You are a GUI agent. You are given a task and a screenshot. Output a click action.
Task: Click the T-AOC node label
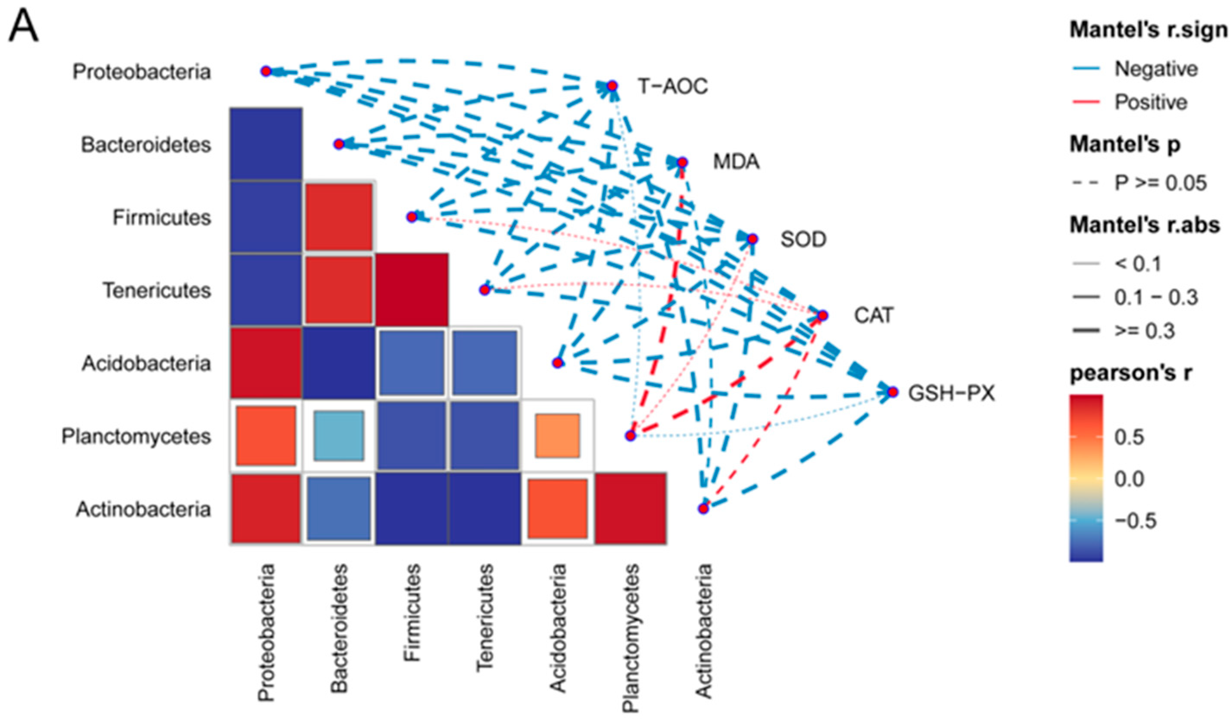[x=673, y=87]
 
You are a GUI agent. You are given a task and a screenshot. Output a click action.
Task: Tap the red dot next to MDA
[x=682, y=162]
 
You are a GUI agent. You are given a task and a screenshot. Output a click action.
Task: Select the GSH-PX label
[x=951, y=393]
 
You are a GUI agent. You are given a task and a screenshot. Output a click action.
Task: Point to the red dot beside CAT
[x=823, y=316]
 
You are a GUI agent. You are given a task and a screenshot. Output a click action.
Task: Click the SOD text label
[x=803, y=239]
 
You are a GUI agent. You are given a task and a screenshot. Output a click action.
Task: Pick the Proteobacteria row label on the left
[x=142, y=72]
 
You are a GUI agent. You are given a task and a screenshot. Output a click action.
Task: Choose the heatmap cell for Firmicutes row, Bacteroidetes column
[x=339, y=217]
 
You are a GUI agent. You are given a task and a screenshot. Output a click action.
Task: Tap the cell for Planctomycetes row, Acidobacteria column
[x=557, y=436]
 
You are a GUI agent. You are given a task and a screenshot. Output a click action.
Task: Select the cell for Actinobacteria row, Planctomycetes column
[x=631, y=508]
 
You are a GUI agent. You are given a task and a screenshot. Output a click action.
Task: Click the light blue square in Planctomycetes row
[x=339, y=436]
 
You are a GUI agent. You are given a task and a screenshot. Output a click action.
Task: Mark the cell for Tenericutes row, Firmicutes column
[x=412, y=290]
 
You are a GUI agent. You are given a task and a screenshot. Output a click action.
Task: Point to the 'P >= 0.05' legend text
[x=1161, y=183]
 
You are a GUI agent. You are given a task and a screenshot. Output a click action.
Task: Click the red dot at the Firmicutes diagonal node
[x=412, y=217]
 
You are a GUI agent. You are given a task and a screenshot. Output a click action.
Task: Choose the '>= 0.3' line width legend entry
[x=1145, y=331]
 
